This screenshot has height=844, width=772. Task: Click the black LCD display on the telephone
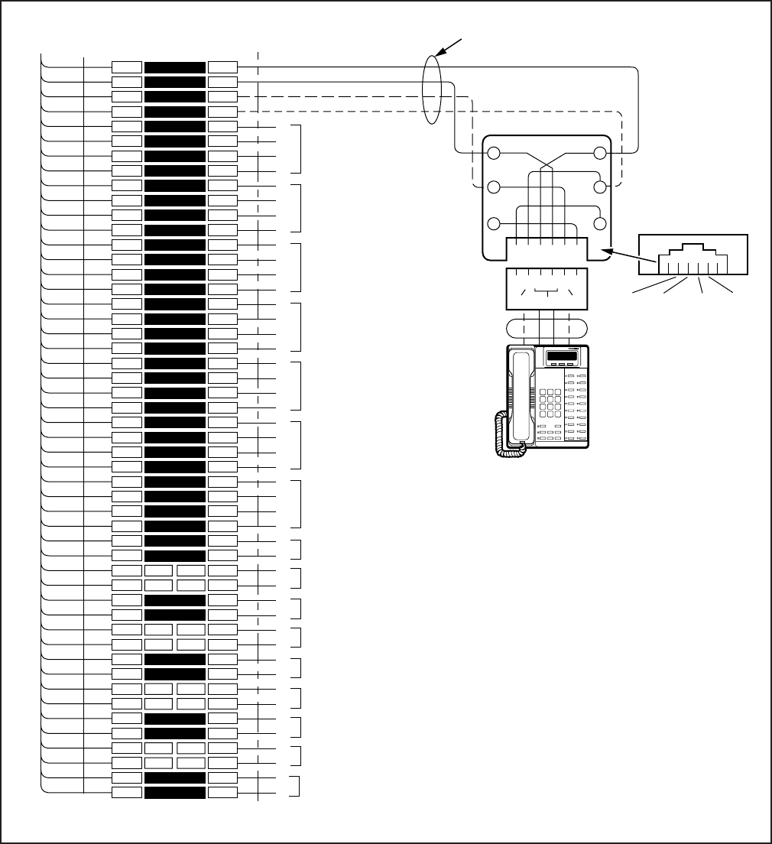(562, 357)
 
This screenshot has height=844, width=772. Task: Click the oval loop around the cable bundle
(433, 89)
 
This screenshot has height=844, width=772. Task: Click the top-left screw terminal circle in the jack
(495, 154)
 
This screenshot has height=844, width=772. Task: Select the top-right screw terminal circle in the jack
(600, 154)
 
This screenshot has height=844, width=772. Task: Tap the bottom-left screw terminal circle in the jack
(495, 224)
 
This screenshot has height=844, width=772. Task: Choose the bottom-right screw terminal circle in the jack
(600, 224)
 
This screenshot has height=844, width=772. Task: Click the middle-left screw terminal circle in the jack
(495, 187)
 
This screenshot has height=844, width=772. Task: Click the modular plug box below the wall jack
(547, 289)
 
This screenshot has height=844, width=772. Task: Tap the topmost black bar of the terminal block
(175, 67)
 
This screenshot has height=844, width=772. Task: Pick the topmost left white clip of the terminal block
(126, 67)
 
